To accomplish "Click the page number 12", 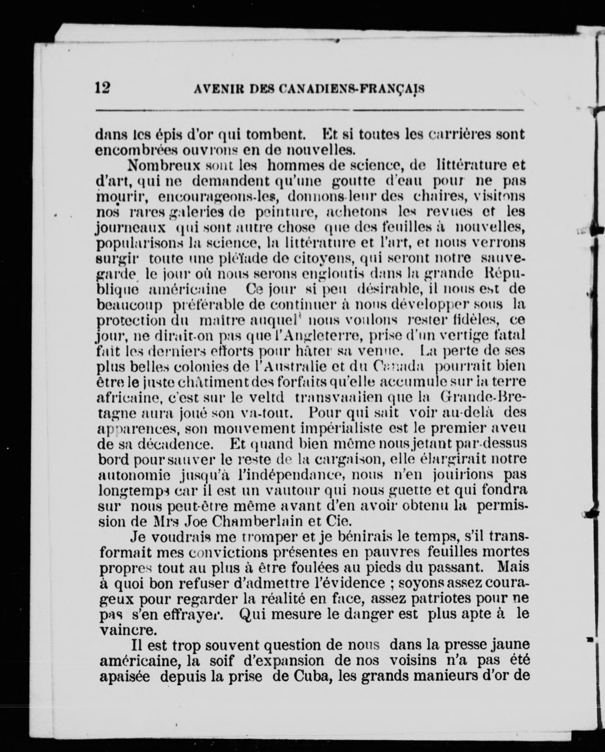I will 103,87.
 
